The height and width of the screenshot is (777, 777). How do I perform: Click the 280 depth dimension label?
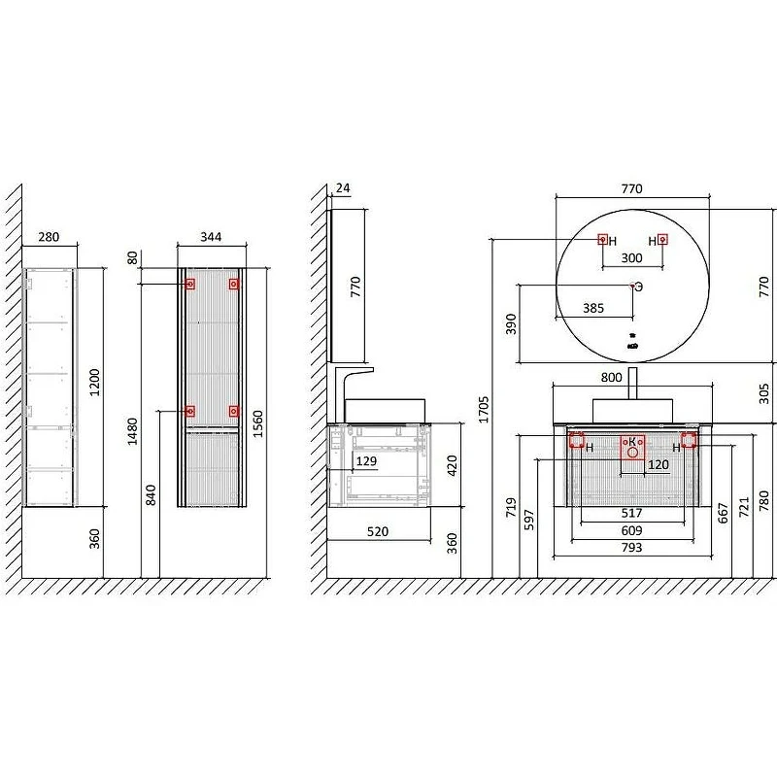(x=49, y=237)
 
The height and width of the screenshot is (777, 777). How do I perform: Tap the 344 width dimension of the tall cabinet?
(x=211, y=237)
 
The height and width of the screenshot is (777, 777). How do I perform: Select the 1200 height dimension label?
(x=94, y=382)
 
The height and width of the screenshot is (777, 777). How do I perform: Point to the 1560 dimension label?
(x=257, y=423)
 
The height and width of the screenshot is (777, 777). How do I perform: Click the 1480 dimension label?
(x=132, y=431)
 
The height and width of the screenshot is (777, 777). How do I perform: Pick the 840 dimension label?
(x=151, y=495)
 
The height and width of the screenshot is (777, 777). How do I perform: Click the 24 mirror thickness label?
(x=343, y=188)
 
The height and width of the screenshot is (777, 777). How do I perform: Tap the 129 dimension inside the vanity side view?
(x=366, y=460)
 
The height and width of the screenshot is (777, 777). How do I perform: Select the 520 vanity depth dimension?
(x=378, y=531)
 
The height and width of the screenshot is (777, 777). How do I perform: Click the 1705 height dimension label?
(x=484, y=409)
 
